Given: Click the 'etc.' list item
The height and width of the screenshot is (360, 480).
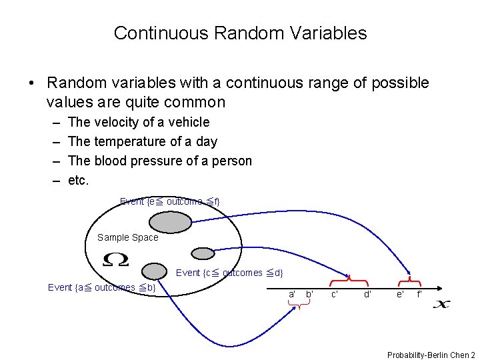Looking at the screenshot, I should point(79,180).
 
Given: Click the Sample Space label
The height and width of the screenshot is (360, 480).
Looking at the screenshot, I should point(127,237).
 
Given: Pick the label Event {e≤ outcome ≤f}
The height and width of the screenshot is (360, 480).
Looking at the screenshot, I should point(169,201).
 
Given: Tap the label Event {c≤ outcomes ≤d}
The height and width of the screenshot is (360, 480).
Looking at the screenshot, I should point(229,272).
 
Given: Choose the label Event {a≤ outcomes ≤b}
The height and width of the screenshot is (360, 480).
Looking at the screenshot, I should point(101,287).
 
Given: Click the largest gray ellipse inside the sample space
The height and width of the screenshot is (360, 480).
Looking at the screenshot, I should point(169,222).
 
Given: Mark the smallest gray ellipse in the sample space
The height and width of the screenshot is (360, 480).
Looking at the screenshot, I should point(202,253).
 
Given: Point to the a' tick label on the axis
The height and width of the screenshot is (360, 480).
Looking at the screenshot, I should point(292,294).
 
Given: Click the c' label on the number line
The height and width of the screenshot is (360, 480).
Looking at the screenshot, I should point(335,294).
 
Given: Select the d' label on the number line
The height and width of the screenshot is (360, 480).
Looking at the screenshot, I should point(367,294).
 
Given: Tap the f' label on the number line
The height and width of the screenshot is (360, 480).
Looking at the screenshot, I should point(419,294).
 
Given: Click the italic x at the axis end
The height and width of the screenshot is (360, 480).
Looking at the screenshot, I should point(441,304).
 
